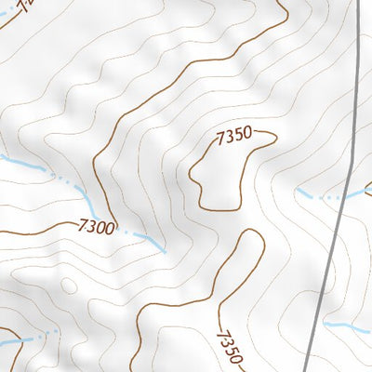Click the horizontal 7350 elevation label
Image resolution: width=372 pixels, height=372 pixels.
[233, 137]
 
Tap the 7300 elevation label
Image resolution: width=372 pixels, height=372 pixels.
[97, 226]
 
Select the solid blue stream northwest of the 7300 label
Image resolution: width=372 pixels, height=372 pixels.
[28, 166]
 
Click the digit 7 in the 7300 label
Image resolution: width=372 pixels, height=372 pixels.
[83, 225]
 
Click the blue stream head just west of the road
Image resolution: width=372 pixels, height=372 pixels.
[302, 193]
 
